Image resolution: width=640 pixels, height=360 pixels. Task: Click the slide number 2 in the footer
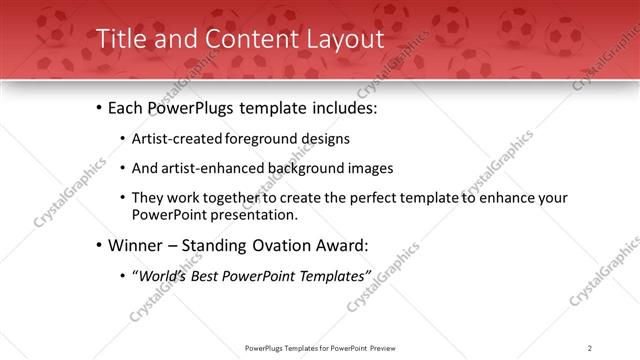(590, 348)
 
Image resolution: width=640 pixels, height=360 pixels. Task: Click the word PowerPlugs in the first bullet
(190, 108)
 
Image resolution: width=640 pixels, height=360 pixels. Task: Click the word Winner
(136, 245)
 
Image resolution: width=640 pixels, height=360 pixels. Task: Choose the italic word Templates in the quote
(335, 275)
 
